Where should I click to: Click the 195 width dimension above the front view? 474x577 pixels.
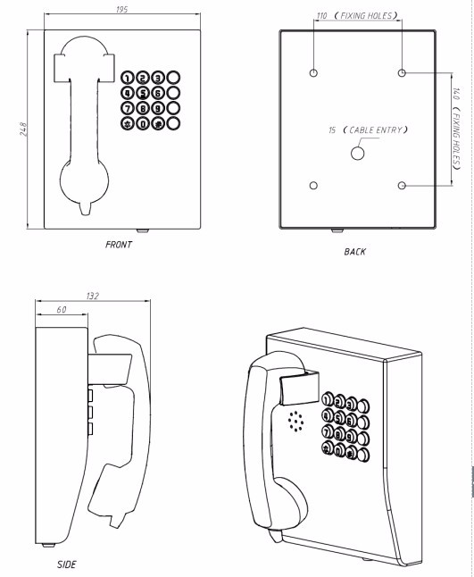pyautogui.click(x=121, y=9)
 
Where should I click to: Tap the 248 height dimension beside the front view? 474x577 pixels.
pyautogui.click(x=23, y=129)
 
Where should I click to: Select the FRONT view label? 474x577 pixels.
pyautogui.click(x=118, y=245)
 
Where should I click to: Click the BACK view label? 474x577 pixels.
pyautogui.click(x=355, y=252)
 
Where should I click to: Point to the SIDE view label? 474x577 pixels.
pyautogui.click(x=67, y=564)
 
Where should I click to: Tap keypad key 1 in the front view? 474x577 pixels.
pyautogui.click(x=128, y=78)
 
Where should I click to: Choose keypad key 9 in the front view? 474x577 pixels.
pyautogui.click(x=158, y=108)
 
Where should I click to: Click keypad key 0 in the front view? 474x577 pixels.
pyautogui.click(x=143, y=123)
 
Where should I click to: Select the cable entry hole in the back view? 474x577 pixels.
pyautogui.click(x=357, y=153)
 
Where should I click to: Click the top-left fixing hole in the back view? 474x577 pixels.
pyautogui.click(x=313, y=72)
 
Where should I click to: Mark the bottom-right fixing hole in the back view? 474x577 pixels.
pyautogui.click(x=402, y=186)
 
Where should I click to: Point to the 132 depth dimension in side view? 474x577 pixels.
pyautogui.click(x=93, y=296)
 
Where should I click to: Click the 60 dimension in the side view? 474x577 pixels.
pyautogui.click(x=62, y=310)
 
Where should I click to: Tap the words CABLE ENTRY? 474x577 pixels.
pyautogui.click(x=375, y=130)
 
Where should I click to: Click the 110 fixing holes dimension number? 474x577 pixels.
pyautogui.click(x=321, y=16)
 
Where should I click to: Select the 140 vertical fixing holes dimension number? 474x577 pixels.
pyautogui.click(x=456, y=94)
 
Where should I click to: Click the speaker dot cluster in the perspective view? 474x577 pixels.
pyautogui.click(x=296, y=422)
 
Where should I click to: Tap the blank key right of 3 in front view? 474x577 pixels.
pyautogui.click(x=173, y=78)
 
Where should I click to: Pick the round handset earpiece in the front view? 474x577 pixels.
pyautogui.click(x=84, y=180)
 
